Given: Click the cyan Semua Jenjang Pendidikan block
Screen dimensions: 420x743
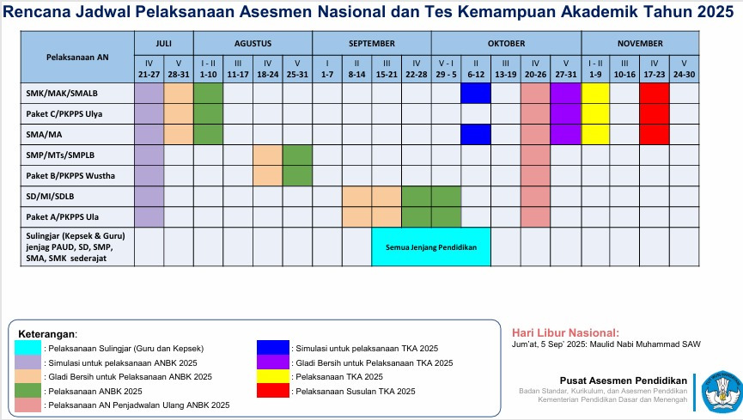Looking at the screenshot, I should [430, 247].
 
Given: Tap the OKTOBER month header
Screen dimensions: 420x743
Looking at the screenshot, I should [506, 43].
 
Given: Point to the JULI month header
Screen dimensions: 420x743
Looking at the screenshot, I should [163, 43].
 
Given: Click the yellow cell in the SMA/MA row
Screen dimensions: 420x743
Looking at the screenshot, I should [595, 134].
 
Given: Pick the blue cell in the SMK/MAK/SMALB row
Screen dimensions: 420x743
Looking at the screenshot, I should [476, 94].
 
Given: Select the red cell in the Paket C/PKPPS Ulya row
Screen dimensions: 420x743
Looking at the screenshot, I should [654, 113].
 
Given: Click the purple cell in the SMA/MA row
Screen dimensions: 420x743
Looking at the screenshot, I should [566, 134].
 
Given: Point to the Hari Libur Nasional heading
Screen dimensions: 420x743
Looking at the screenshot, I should [564, 332].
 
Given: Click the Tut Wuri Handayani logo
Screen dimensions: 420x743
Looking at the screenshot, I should [721, 389].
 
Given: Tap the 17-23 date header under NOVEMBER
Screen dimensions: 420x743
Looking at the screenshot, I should [654, 75].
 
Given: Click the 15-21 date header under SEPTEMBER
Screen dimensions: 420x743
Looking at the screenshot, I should [387, 75].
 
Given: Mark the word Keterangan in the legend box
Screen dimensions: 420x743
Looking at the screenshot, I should [46, 333].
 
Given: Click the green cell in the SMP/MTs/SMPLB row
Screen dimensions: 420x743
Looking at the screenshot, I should [297, 155].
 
